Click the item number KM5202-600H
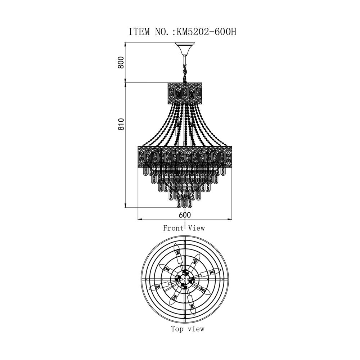(206, 32)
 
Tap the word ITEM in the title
(139, 32)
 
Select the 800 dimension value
(121, 62)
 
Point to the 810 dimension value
(121, 124)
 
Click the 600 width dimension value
(185, 215)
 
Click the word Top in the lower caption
(177, 329)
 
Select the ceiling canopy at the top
(185, 49)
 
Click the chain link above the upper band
(185, 73)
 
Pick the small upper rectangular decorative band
(185, 94)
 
